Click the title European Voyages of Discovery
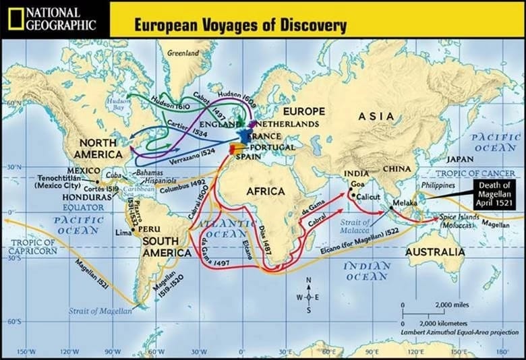click(x=240, y=26)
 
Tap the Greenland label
click(x=183, y=53)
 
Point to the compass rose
click(x=309, y=295)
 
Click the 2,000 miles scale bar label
click(x=452, y=305)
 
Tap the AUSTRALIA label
click(x=434, y=252)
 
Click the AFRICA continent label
click(x=265, y=191)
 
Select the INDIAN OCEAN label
click(x=367, y=271)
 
